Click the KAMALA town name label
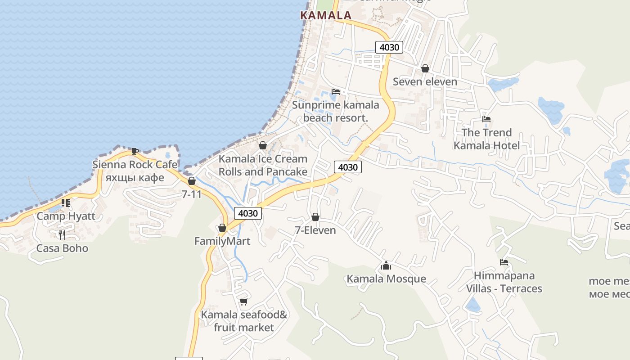325,15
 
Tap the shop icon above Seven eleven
425,69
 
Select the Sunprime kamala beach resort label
335,111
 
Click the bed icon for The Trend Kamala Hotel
486,119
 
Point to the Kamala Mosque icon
386,266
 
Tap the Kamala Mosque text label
386,279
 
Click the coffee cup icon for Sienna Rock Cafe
135,151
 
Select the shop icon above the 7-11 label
192,181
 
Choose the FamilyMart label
222,241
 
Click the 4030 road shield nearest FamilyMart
247,213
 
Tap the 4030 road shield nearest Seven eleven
389,47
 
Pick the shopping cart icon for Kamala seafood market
243,301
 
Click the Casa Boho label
62,248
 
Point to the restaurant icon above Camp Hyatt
66,203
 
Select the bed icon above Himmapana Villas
504,262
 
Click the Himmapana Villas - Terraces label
504,282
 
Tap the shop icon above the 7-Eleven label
315,217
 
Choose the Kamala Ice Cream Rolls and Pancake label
263,165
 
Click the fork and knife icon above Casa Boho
62,234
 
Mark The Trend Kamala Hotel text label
486,139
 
